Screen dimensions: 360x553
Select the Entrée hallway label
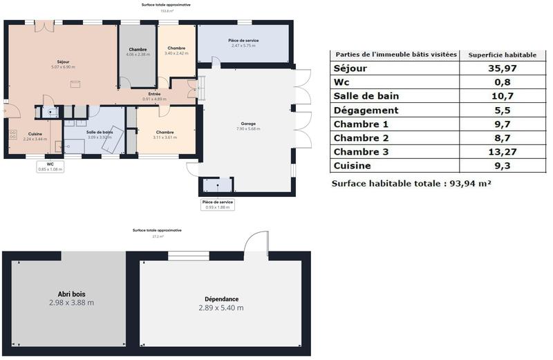pos(155,94)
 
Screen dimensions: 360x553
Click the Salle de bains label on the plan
pos(100,131)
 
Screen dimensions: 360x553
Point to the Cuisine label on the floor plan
pos(35,133)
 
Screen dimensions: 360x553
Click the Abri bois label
pos(71,294)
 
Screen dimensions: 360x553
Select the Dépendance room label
pos(221,299)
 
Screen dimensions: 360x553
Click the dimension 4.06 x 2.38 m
pos(138,55)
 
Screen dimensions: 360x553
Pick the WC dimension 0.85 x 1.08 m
pos(50,169)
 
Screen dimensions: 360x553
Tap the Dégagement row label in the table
pos(366,110)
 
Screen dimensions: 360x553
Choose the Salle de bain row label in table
pos(366,96)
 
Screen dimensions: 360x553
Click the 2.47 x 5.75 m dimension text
pos(243,46)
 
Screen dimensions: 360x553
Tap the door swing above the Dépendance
pos(255,243)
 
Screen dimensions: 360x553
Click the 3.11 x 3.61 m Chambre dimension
pos(165,138)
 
